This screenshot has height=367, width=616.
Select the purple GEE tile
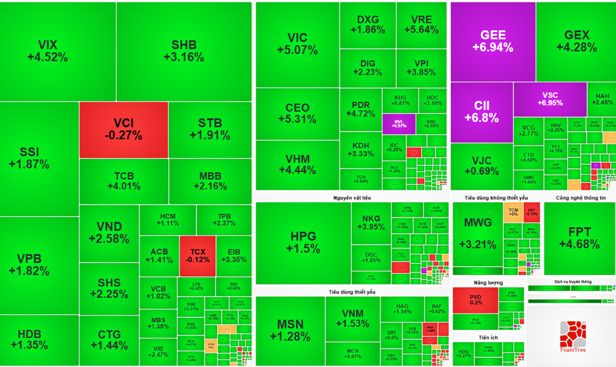(x=493, y=41)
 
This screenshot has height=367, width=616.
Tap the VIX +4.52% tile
(x=47, y=51)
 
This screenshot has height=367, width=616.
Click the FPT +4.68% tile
(x=579, y=237)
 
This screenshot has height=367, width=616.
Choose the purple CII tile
(x=482, y=111)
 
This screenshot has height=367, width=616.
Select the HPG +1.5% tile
(x=303, y=242)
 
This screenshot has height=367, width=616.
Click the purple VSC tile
(x=549, y=99)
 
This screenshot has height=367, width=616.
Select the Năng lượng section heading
(x=488, y=282)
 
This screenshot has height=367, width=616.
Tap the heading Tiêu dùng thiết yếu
(x=352, y=292)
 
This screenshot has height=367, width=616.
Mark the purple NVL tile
(x=399, y=123)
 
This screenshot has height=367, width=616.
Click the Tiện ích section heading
(x=488, y=337)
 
